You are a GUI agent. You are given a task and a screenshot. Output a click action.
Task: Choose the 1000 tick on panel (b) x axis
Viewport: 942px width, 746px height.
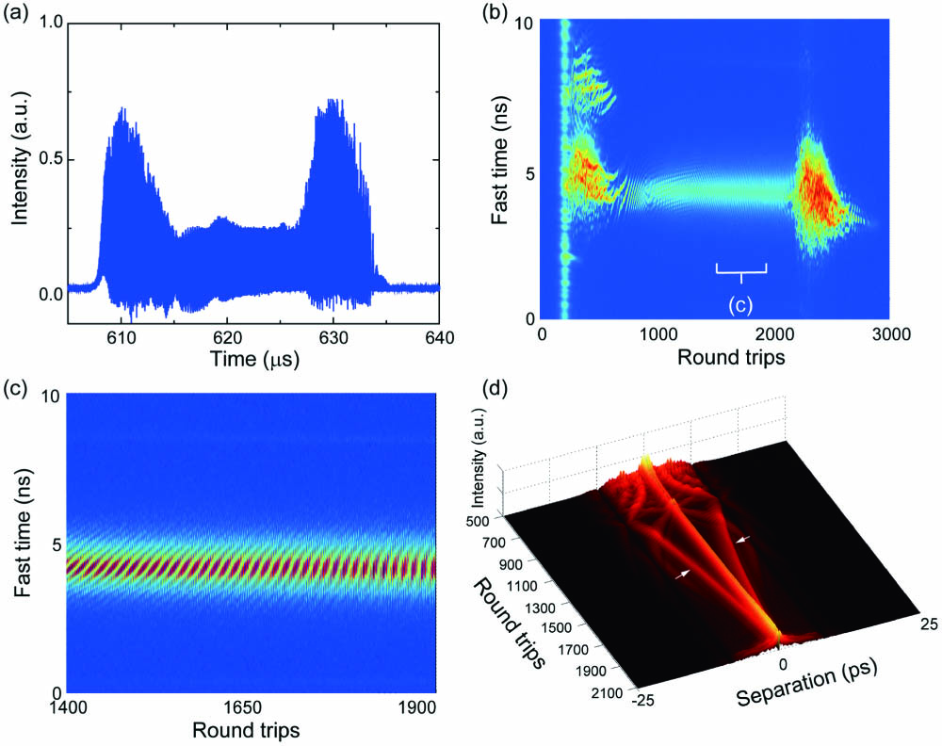pos(658,334)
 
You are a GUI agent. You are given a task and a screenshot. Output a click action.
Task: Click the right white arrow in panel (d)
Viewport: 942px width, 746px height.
pos(744,538)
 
